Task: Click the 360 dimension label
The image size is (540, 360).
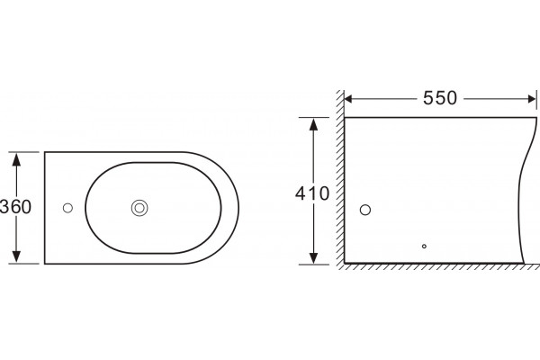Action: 16,207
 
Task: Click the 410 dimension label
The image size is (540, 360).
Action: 312,193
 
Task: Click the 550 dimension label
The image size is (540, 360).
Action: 440,98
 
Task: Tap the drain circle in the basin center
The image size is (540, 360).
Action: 139,208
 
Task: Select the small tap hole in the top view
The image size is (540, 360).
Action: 67,208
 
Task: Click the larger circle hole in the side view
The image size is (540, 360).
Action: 365,210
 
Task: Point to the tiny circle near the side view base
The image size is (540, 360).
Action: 424,247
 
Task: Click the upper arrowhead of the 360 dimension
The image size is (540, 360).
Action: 16,159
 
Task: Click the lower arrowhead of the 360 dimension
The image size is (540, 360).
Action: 16,256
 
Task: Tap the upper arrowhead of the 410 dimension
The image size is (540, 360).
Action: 313,124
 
